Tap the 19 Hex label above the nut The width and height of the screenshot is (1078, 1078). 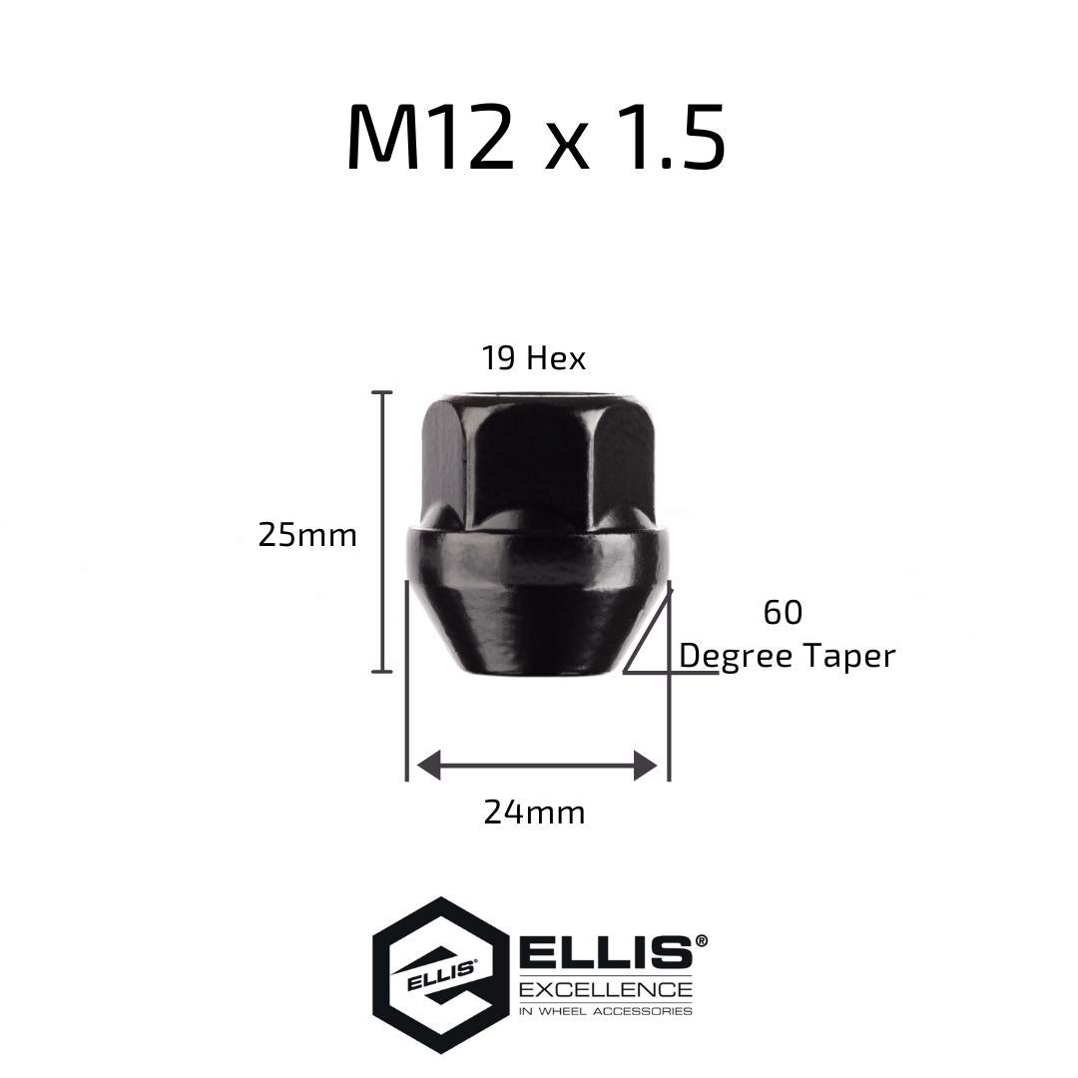[x=533, y=358]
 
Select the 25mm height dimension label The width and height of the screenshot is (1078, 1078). [x=307, y=535]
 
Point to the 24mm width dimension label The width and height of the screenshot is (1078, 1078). [x=534, y=811]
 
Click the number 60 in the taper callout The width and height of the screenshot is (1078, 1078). [x=784, y=612]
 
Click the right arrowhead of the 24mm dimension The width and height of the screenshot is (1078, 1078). [x=646, y=766]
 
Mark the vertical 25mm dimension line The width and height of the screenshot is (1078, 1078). [x=382, y=531]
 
